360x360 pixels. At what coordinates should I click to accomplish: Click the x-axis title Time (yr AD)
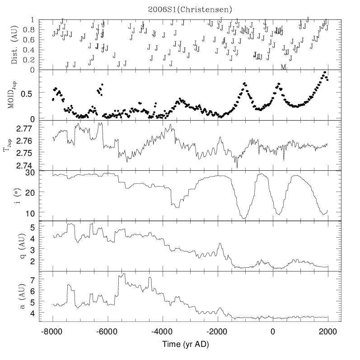190,344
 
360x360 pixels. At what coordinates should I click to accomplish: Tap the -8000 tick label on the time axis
53,332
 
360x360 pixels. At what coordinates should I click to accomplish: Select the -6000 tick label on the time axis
108,332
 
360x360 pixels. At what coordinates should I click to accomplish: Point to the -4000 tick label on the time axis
163,332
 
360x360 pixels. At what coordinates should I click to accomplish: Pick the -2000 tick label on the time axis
217,332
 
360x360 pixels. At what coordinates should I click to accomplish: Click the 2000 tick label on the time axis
327,332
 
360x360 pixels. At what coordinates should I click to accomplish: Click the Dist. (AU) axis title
14,45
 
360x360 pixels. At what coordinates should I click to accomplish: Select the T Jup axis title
8,145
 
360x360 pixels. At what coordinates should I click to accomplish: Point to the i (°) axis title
14,196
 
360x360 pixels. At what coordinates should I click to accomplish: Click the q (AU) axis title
14,246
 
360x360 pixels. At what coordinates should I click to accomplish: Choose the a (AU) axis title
14,296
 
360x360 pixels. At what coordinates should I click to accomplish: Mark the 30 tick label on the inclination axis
30,172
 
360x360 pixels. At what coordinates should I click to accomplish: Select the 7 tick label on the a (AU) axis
33,280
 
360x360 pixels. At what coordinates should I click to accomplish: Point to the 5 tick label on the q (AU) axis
33,227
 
